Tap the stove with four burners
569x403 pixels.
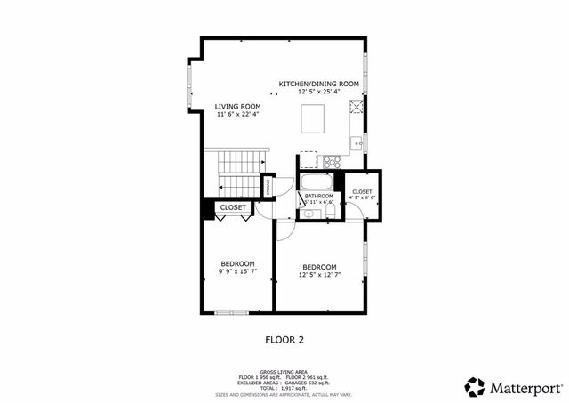[333, 162]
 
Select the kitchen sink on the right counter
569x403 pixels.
[356, 141]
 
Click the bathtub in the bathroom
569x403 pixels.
[317, 184]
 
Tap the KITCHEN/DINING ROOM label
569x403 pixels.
[318, 84]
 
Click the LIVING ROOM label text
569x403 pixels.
[237, 106]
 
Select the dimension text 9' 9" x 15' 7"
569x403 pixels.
[238, 271]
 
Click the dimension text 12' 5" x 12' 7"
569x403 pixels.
[319, 275]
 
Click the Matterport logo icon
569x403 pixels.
[475, 387]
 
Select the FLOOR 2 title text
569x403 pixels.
[284, 339]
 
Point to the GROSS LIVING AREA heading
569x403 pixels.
[284, 372]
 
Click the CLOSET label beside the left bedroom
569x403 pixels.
[233, 207]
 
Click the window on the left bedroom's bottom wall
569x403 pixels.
[233, 311]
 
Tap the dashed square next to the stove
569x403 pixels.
[309, 160]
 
